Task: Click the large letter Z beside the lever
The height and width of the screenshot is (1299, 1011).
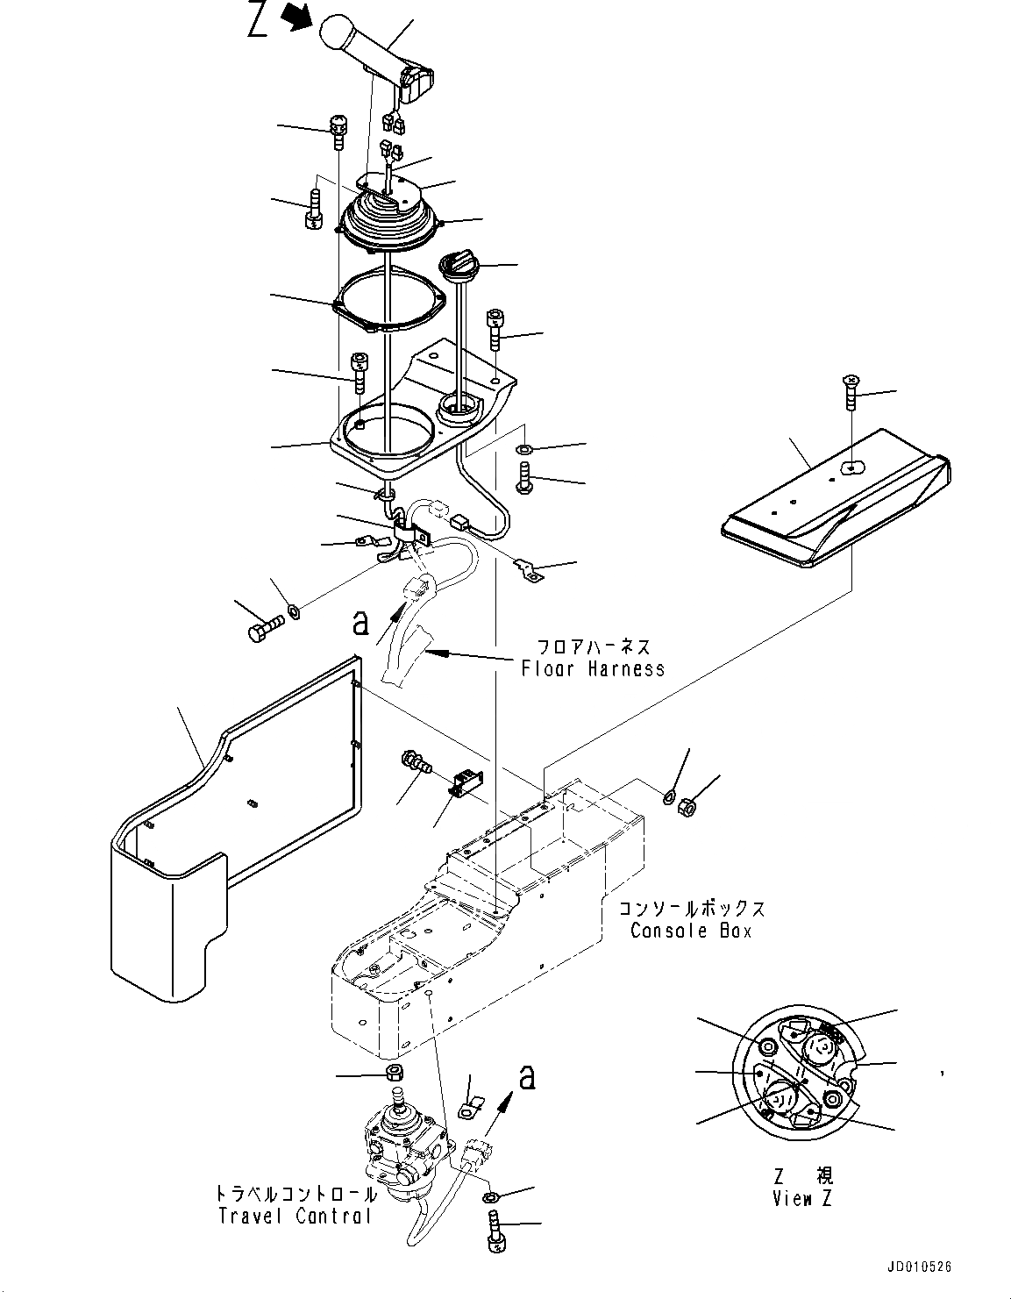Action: coord(258,21)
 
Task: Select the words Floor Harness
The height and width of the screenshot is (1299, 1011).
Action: coord(593,668)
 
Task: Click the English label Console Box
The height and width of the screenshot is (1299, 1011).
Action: coord(691,931)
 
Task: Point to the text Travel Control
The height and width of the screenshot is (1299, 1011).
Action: coord(295,1216)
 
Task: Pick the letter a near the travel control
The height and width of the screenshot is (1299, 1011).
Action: coord(526,1076)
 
